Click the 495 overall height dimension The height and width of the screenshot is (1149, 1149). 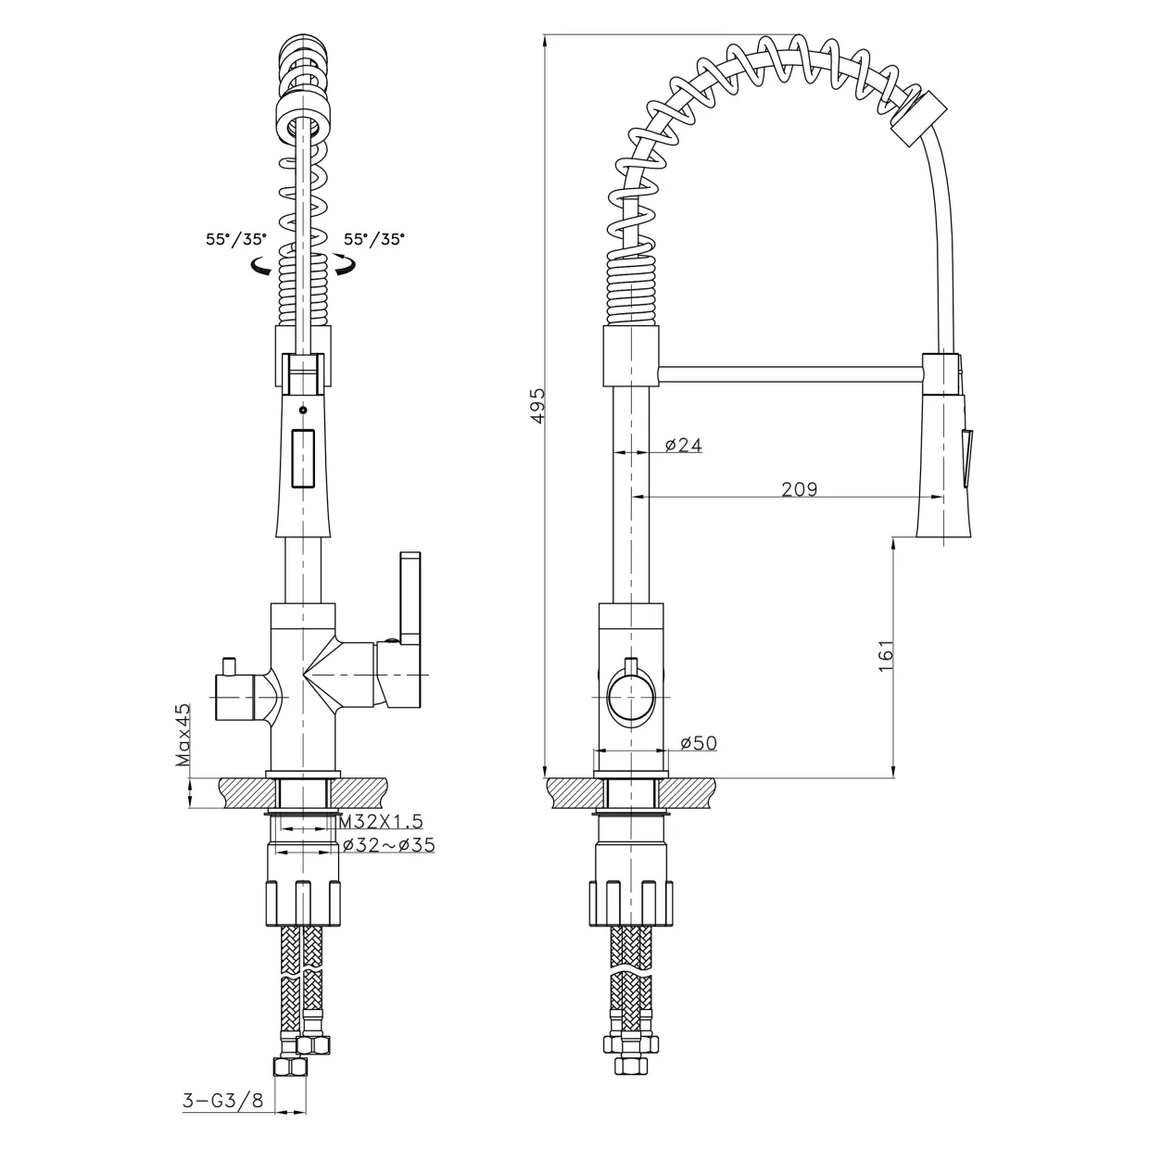click(537, 406)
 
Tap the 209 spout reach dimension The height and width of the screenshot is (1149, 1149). click(799, 489)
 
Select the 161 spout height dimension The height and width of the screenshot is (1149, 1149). click(886, 655)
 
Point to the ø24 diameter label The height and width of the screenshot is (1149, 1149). click(683, 445)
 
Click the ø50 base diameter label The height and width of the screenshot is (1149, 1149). click(699, 743)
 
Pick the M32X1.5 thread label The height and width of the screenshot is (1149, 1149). click(381, 822)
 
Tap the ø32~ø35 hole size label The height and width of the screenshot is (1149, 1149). click(389, 845)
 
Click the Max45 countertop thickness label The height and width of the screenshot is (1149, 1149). click(183, 735)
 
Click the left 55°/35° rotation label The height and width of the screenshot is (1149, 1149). click(236, 239)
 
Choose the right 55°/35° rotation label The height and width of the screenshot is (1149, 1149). click(374, 239)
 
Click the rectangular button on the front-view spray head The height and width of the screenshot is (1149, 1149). click(302, 459)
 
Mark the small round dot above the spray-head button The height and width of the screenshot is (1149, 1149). click(303, 410)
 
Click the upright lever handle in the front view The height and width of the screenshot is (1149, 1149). click(410, 599)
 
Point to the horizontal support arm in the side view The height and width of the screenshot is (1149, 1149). click(790, 373)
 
